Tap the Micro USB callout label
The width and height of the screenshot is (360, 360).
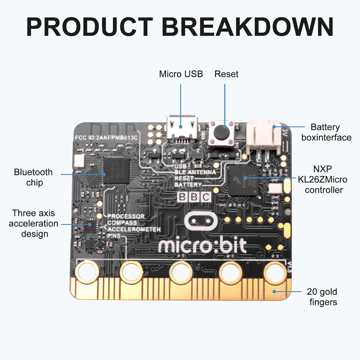(x=181, y=74)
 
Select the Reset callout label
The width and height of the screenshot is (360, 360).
(x=226, y=74)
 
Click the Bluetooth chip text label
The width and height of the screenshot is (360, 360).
(x=33, y=177)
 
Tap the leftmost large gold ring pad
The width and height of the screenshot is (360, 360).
(x=87, y=271)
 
